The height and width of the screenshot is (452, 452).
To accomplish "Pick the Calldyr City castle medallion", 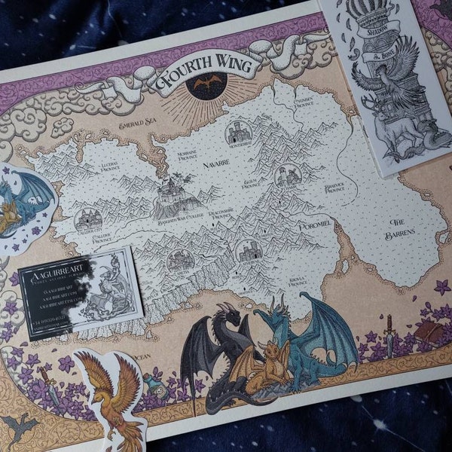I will [x=89, y=220].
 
